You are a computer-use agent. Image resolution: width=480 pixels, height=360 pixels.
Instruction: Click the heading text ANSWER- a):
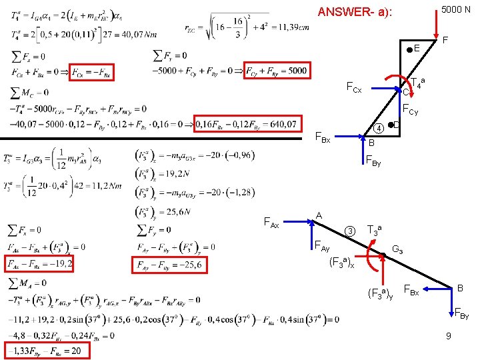click(355, 13)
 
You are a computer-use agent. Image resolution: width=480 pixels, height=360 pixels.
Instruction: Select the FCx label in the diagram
click(353, 88)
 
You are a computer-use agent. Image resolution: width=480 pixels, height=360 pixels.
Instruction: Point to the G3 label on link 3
click(398, 249)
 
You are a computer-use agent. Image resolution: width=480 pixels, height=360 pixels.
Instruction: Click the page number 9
click(450, 337)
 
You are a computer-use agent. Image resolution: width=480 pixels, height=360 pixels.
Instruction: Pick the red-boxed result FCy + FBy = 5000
click(276, 71)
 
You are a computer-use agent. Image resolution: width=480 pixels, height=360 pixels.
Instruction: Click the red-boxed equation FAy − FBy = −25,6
click(171, 265)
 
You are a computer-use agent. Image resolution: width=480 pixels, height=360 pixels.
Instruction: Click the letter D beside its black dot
click(396, 125)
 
